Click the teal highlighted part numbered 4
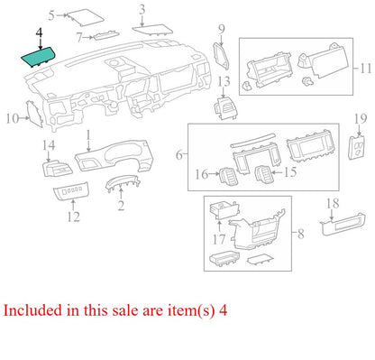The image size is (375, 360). tap(38, 57)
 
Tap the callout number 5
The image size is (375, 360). tap(52, 15)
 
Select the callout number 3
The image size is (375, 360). tap(142, 10)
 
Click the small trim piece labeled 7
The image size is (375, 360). tap(106, 35)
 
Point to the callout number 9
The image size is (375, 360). tap(222, 30)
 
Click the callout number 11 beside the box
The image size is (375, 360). tap(366, 69)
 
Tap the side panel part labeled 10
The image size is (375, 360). tap(35, 115)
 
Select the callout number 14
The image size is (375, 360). tap(49, 145)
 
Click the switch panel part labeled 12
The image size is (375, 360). tap(71, 191)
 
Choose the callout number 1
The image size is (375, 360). tap(88, 135)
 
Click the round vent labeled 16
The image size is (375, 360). tap(228, 176)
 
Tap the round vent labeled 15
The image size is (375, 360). tap(263, 174)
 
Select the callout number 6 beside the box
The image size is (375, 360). tap(179, 155)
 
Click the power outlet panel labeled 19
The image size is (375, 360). tap(357, 148)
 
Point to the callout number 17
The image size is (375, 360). tap(219, 239)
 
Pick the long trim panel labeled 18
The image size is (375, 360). tap(343, 225)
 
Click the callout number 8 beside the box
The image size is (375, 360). tap(301, 234)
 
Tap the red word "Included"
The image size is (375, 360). tap(32, 310)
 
